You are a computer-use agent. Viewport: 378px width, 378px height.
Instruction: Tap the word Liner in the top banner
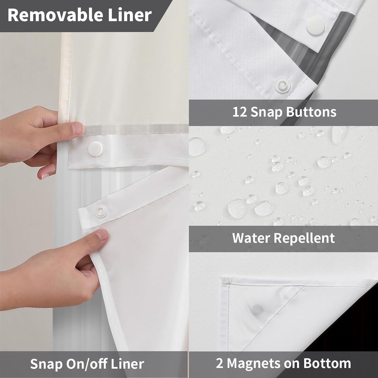(x=130, y=15)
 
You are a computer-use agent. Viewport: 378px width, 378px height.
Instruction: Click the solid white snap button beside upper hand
(x=95, y=148)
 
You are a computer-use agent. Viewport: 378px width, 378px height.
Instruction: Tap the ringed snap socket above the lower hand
(x=101, y=209)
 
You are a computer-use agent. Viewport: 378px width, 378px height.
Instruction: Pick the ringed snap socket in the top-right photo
(x=283, y=82)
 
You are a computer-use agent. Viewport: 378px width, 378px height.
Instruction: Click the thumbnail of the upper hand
(x=78, y=129)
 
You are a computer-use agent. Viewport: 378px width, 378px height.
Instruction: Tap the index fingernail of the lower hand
(x=103, y=236)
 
